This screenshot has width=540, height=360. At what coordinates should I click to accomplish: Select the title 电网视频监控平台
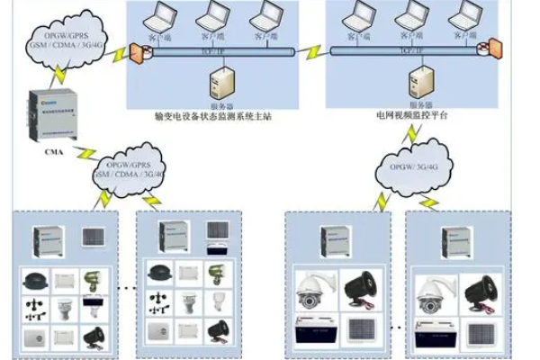click(x=413, y=117)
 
